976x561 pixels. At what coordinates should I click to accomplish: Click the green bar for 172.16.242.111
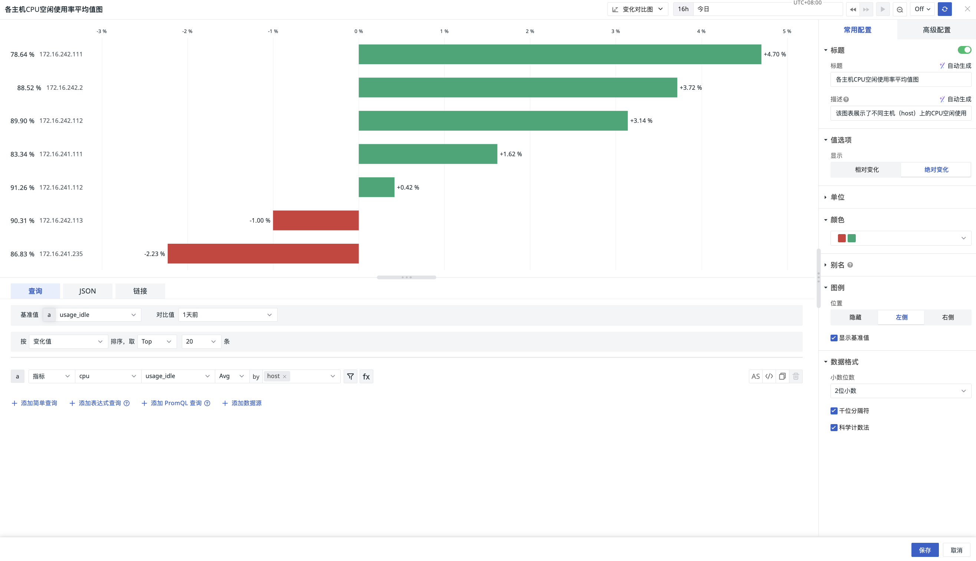pyautogui.click(x=560, y=54)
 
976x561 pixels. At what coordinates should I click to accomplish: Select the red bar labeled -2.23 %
pyautogui.click(x=263, y=253)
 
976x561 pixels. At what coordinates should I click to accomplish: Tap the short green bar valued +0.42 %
pyautogui.click(x=376, y=187)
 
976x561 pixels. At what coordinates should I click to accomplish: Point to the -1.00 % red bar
pyautogui.click(x=316, y=220)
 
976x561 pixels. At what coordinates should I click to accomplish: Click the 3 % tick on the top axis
pyautogui.click(x=615, y=31)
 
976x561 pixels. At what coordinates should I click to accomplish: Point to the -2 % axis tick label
pyautogui.click(x=187, y=31)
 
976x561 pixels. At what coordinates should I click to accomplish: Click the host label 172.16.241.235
pyautogui.click(x=61, y=253)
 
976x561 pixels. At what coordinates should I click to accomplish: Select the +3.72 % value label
pyautogui.click(x=691, y=88)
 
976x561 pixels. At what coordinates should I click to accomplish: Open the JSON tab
pyautogui.click(x=88, y=291)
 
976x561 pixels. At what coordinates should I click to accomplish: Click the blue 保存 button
pyautogui.click(x=925, y=550)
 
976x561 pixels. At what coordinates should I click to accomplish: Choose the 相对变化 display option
pyautogui.click(x=867, y=170)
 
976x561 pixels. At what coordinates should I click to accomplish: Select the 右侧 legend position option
pyautogui.click(x=947, y=317)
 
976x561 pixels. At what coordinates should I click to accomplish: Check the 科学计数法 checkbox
pyautogui.click(x=834, y=427)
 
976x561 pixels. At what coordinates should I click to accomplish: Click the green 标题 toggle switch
pyautogui.click(x=964, y=50)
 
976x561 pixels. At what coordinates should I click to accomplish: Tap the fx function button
pyautogui.click(x=366, y=376)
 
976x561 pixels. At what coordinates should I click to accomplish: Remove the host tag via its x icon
pyautogui.click(x=285, y=377)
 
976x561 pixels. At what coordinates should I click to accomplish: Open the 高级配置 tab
pyautogui.click(x=936, y=30)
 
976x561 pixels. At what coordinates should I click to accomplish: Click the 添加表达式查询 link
pyautogui.click(x=99, y=403)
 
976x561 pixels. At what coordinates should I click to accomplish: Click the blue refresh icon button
pyautogui.click(x=944, y=9)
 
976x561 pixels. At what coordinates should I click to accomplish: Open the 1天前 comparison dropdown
pyautogui.click(x=228, y=315)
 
